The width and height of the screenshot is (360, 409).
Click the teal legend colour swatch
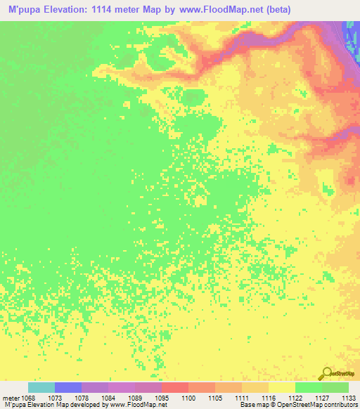(x=41, y=387)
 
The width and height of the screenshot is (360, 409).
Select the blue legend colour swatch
(x=68, y=387)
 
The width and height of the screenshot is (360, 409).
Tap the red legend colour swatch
(x=175, y=387)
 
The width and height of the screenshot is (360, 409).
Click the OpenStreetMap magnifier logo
(x=326, y=373)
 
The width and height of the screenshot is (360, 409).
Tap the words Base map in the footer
(x=254, y=405)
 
